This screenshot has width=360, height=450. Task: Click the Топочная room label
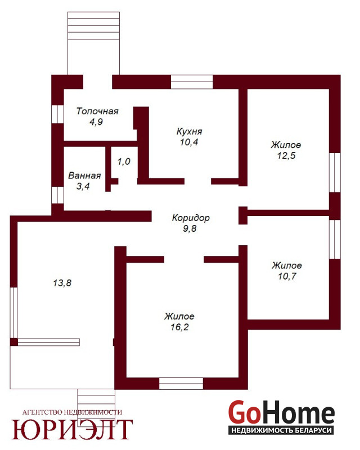(x=97, y=111)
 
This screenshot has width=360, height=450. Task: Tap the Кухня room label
(x=189, y=132)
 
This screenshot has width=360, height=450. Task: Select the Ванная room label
(x=84, y=175)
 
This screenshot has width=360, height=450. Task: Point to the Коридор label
(x=191, y=218)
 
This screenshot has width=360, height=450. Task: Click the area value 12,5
(x=286, y=156)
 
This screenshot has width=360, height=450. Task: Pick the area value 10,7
(x=287, y=276)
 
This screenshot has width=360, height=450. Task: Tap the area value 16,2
(x=179, y=327)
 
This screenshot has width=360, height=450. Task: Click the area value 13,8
(x=62, y=283)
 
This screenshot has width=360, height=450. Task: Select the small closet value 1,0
(x=124, y=161)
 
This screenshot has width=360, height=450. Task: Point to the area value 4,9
(x=96, y=121)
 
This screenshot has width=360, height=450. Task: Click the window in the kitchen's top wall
(x=192, y=82)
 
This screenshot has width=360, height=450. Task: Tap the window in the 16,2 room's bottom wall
(x=181, y=384)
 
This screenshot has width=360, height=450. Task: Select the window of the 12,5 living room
(x=335, y=172)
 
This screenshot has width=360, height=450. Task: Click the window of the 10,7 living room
(x=335, y=240)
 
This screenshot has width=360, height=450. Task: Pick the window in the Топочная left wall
(x=57, y=114)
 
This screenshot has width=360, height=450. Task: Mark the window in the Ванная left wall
(x=57, y=195)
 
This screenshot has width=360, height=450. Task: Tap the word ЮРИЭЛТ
(x=72, y=429)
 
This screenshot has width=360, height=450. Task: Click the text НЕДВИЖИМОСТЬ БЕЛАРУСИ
(x=281, y=430)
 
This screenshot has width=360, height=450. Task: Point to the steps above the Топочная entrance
(x=93, y=26)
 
